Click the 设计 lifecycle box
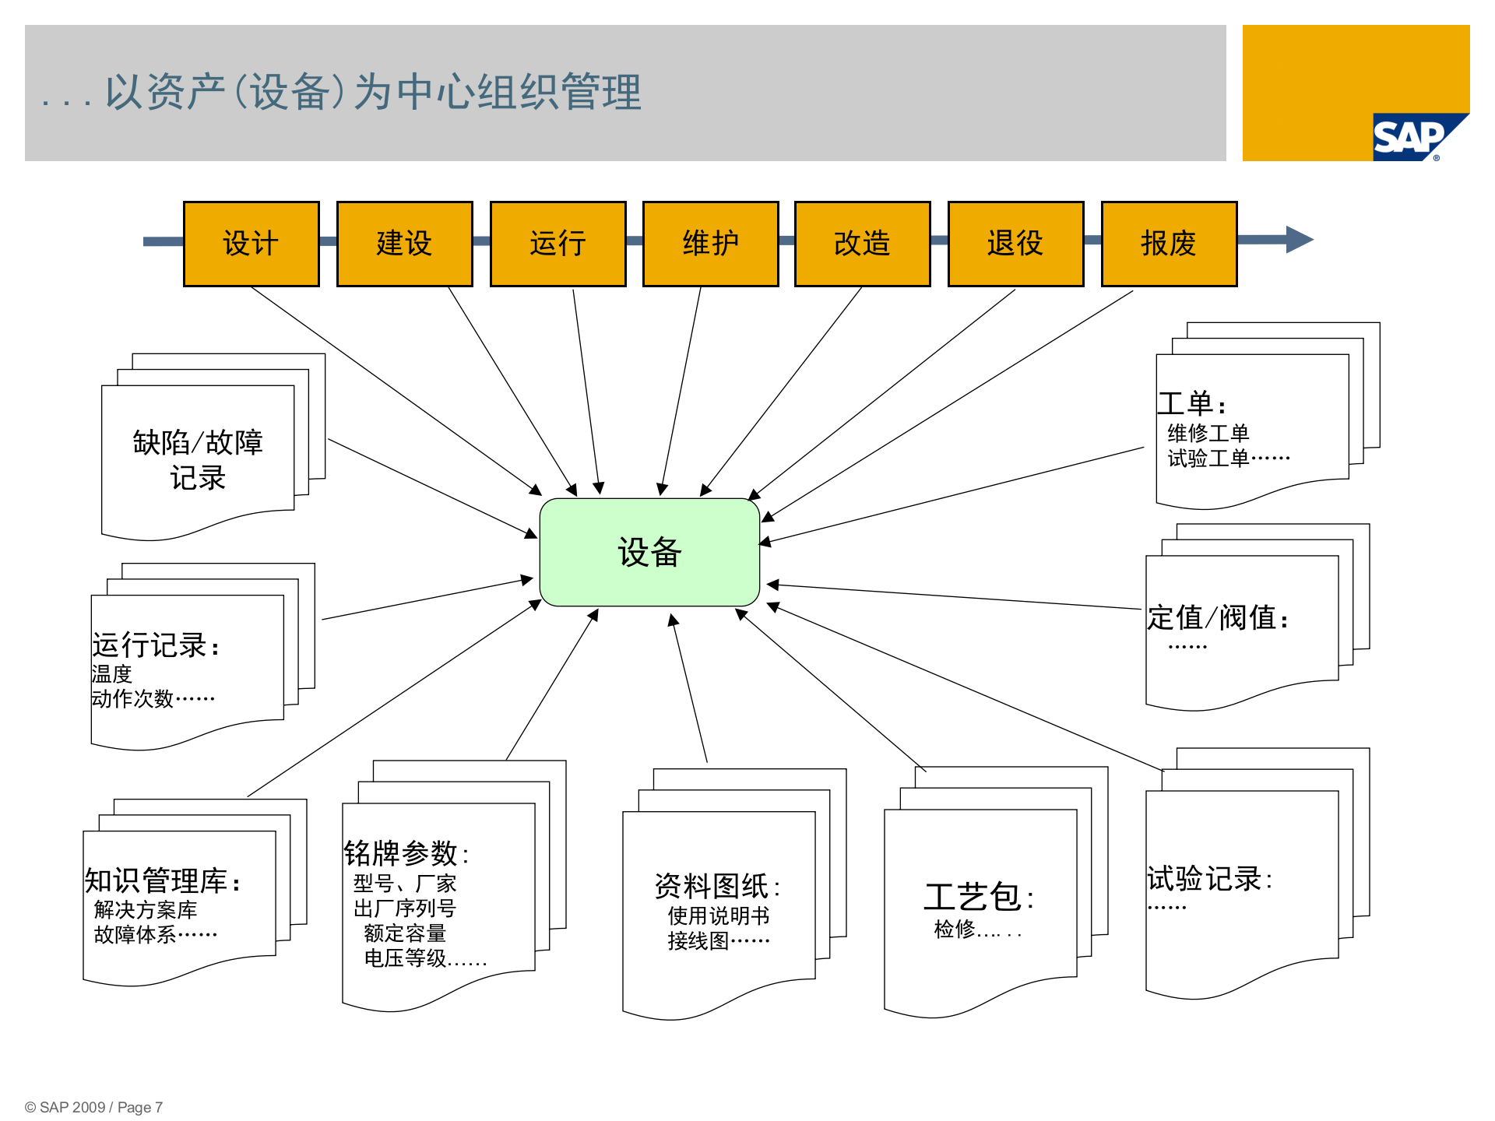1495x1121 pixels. (x=251, y=244)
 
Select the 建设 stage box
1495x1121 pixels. (x=404, y=244)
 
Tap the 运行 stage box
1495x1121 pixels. (x=558, y=244)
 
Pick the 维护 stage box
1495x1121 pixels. (x=710, y=244)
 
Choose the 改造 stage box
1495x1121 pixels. (x=862, y=244)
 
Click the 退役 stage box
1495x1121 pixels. (x=1015, y=244)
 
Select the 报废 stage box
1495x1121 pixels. (x=1169, y=244)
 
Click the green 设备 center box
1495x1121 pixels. (x=649, y=552)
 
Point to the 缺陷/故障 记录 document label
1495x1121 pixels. (x=198, y=459)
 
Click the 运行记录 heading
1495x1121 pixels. (x=155, y=645)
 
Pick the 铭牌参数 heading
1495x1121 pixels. (x=406, y=854)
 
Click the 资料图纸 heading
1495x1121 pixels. (x=716, y=886)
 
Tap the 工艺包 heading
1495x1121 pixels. (x=978, y=898)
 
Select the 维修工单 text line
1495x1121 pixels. (x=1208, y=433)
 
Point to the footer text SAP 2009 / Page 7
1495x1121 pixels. (x=94, y=1107)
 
